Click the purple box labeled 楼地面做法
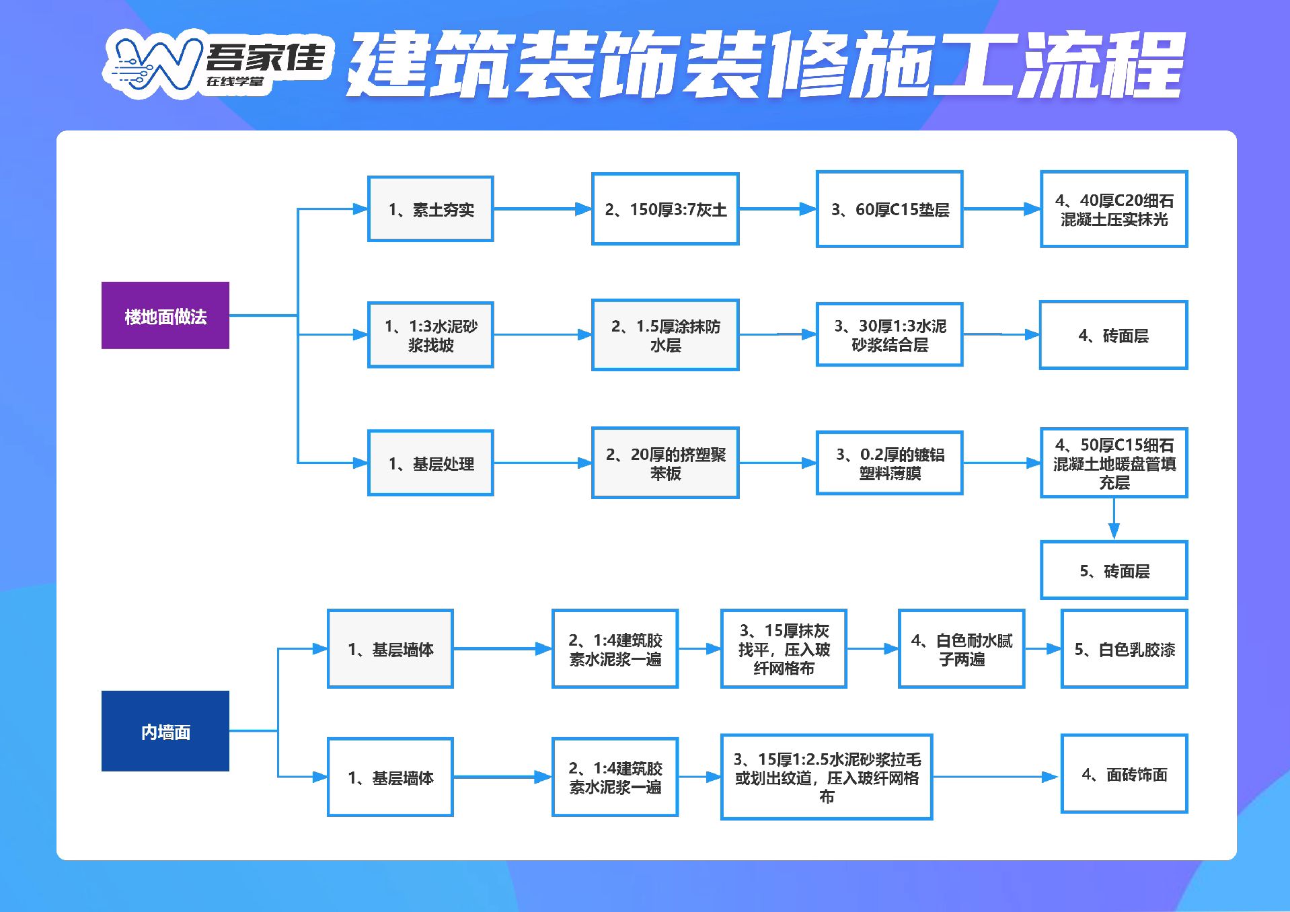point(165,315)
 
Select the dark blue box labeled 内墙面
point(165,731)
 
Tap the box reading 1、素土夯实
point(430,209)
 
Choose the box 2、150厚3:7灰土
point(665,209)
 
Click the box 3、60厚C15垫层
point(890,209)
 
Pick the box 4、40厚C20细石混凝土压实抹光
point(1114,209)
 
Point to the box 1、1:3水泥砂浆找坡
point(430,335)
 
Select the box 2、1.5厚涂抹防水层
point(665,335)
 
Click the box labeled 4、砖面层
point(1114,335)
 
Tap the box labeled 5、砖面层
point(1114,570)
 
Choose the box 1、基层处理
point(430,463)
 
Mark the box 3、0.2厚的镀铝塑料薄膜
point(890,463)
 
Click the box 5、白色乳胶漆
point(1125,649)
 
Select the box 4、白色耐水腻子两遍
point(962,649)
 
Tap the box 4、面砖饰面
point(1125,774)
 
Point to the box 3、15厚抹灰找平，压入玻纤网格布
point(784,649)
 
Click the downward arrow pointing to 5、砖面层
point(1114,519)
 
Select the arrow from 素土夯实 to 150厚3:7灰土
point(543,209)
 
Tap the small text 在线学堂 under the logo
point(235,81)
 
